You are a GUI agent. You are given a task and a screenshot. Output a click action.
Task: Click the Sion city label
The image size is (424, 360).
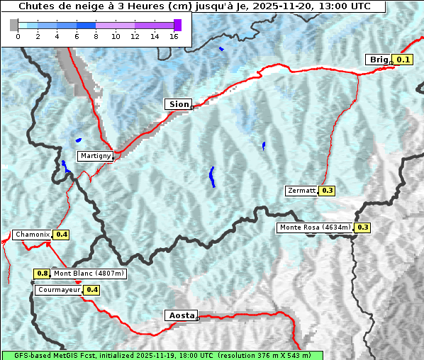tap(179, 104)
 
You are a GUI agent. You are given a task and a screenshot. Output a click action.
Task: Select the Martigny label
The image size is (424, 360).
tap(94, 156)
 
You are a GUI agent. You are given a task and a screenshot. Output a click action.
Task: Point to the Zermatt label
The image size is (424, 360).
tap(301, 191)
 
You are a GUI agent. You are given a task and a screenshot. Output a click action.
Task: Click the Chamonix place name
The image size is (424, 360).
tap(32, 235)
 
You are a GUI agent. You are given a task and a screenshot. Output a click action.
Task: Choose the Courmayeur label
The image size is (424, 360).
tap(59, 290)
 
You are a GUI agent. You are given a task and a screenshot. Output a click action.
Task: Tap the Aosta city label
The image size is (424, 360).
tap(181, 315)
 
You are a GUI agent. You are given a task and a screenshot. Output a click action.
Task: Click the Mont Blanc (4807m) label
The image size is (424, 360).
tap(89, 274)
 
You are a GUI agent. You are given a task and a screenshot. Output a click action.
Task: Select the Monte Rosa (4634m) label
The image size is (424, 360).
tap(315, 227)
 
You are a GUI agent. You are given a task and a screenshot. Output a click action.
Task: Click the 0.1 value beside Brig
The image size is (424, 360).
tap(403, 60)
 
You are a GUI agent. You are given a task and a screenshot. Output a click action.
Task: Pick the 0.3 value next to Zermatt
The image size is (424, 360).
tap(327, 191)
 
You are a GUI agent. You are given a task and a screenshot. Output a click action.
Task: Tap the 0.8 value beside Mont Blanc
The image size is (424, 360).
tap(42, 274)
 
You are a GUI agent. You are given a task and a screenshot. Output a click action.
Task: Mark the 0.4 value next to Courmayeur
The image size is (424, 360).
tap(91, 290)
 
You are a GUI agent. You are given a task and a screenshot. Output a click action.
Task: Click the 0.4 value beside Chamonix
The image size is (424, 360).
tap(62, 235)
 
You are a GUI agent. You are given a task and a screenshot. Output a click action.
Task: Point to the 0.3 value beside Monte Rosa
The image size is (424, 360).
tap(362, 227)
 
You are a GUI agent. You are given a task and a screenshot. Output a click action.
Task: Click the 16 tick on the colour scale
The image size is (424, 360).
tap(174, 36)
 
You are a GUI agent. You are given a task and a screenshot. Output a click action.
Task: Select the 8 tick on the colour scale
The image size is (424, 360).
tap(96, 36)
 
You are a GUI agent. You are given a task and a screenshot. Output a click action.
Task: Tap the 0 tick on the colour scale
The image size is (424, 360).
tap(18, 36)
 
